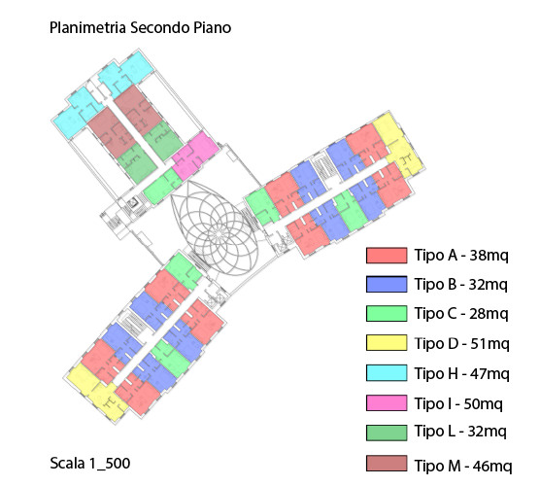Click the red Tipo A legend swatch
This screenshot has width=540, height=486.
tap(387, 256)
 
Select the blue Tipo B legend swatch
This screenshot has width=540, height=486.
tap(387, 285)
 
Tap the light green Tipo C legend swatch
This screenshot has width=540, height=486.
tap(387, 314)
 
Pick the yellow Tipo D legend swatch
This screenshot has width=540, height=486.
tap(387, 343)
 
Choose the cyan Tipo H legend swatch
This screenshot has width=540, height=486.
tap(387, 373)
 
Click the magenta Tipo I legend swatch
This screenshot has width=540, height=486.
tap(387, 403)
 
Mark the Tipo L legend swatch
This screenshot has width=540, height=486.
tap(387, 433)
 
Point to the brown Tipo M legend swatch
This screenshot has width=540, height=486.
tap(387, 464)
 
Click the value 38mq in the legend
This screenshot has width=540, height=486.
tap(489, 256)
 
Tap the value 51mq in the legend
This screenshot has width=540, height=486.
tap(489, 344)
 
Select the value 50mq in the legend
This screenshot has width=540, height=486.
tap(483, 403)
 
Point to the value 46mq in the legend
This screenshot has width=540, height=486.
tap(492, 466)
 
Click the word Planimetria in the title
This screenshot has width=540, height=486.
tap(87, 27)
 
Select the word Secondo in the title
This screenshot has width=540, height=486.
tap(160, 27)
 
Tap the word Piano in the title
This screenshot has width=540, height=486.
tap(212, 27)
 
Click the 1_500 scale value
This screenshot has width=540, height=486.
tap(110, 463)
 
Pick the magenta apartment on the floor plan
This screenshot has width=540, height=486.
tap(195, 156)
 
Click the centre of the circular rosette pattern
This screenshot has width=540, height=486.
tap(219, 234)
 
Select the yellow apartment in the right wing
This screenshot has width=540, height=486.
tap(399, 145)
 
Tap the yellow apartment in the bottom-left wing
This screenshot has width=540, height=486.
tap(97, 392)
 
